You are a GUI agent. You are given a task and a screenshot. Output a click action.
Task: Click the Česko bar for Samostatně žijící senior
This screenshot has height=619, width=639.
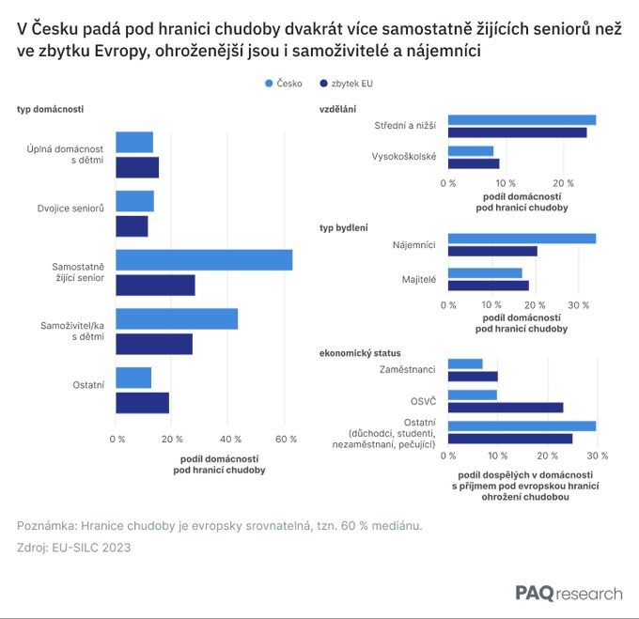pos(204,260)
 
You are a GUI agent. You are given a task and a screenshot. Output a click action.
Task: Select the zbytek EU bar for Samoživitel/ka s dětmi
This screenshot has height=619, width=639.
pos(154,344)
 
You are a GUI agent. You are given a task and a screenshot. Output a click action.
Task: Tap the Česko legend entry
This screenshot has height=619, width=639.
pos(284,84)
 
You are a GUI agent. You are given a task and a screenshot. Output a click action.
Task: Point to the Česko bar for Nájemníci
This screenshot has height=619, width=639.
pos(522,239)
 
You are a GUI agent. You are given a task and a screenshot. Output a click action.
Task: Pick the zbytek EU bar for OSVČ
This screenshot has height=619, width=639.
pos(506,408)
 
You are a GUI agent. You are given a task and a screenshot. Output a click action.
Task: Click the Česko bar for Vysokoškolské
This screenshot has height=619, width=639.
pos(471,151)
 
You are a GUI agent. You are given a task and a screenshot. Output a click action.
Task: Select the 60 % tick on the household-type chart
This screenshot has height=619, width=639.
pos(286,439)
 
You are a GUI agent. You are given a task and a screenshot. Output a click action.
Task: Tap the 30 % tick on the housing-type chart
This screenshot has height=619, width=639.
pos(579,305)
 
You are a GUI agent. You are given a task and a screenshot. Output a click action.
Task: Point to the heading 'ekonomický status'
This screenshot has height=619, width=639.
pos(360,352)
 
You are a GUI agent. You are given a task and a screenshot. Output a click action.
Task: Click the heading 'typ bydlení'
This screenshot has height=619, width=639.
pos(344,227)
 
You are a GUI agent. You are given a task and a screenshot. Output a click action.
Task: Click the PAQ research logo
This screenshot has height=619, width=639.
pos(569,594)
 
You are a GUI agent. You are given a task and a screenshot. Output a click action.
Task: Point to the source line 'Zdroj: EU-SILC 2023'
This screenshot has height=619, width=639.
pos(73,548)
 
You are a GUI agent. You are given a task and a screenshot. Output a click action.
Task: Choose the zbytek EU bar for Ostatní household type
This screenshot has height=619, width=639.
pos(142,403)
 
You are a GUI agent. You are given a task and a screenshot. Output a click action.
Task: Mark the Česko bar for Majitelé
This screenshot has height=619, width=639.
pos(485,273)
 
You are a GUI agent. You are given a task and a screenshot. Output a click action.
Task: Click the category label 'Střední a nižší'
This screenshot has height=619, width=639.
pos(405,126)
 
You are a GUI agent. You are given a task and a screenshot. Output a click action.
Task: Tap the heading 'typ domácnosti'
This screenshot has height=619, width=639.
pos(50,110)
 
